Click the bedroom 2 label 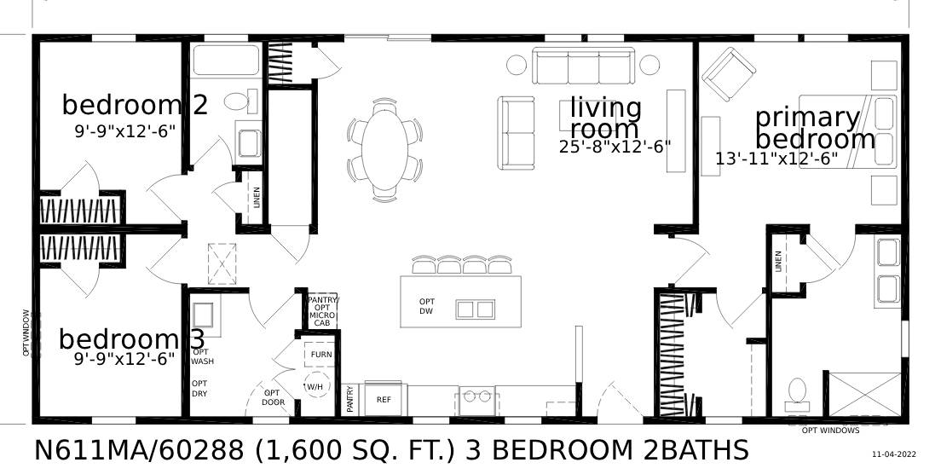pos(135,106)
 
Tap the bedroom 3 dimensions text pos(125,359)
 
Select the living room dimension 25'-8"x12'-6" pos(615,146)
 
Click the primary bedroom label pos(814,128)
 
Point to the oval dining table pos(384,151)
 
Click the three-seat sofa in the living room pos(583,66)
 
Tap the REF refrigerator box pos(383,399)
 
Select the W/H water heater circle pos(315,386)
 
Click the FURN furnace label pos(321,355)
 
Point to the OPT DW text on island pos(426,306)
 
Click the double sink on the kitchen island pos(475,309)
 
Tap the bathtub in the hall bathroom pos(225,61)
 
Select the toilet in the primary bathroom pos(798,392)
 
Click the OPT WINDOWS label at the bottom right pos(830,431)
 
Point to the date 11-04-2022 pos(894,454)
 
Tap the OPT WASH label pos(202,356)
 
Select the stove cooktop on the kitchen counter pos(476,396)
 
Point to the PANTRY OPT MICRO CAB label pos(322,311)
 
